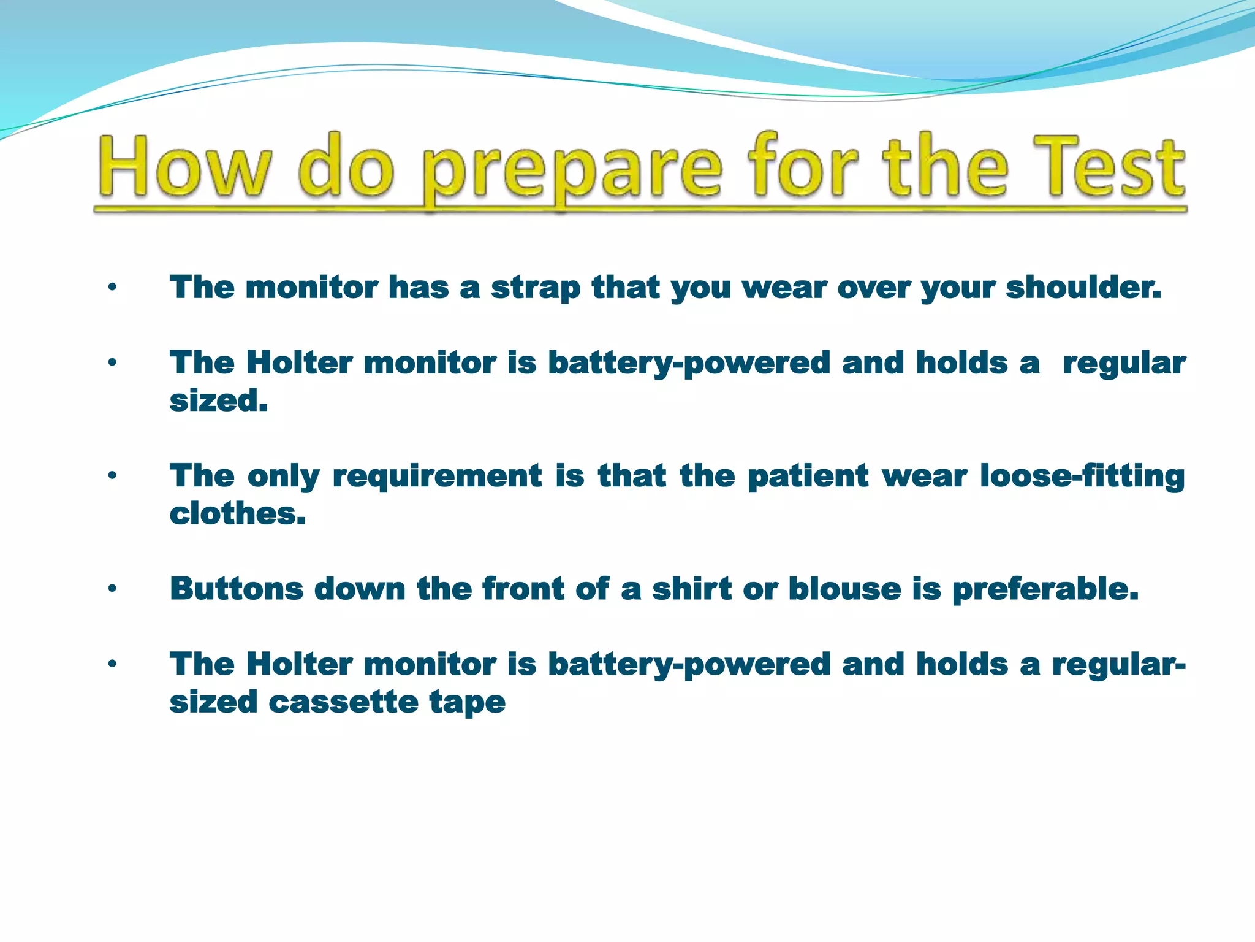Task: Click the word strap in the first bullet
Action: coord(536,288)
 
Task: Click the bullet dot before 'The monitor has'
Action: coord(112,288)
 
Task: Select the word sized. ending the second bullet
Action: coord(219,401)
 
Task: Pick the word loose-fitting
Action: coord(1082,477)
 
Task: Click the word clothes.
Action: coord(237,513)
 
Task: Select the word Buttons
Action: coord(237,589)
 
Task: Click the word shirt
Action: coord(692,589)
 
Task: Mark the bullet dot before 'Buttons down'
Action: coord(112,589)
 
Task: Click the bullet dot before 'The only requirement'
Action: coord(112,477)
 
